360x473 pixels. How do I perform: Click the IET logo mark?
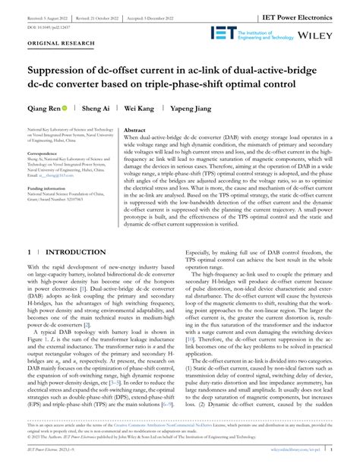224,34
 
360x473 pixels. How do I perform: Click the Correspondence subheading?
45,153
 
